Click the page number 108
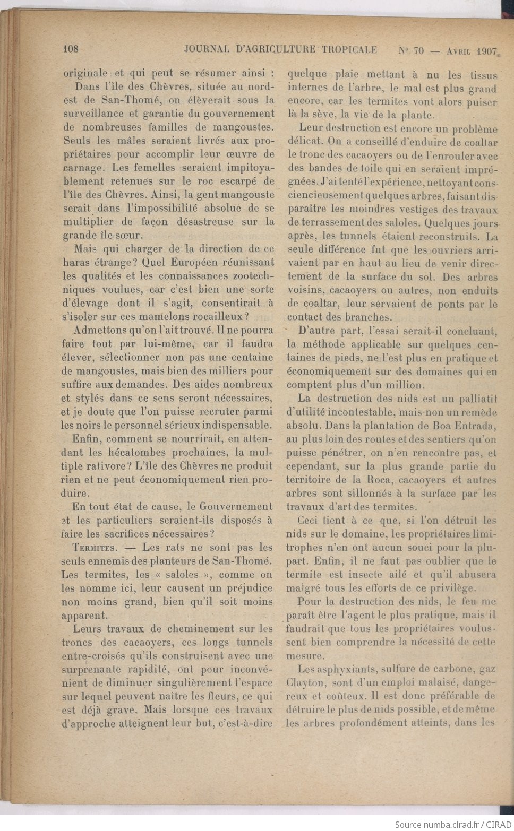71,49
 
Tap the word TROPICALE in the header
348,50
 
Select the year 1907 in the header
486,51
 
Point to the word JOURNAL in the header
207,49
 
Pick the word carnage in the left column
82,168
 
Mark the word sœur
131,236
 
